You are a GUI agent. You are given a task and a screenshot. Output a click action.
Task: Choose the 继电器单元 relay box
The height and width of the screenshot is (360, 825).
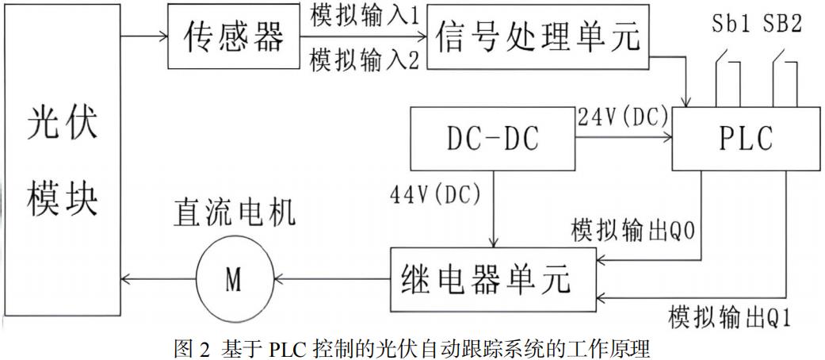(x=492, y=278)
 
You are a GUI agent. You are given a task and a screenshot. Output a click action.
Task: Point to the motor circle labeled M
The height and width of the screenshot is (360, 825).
(x=232, y=278)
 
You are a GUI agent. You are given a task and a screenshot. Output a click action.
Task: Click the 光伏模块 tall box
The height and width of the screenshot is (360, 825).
(x=62, y=159)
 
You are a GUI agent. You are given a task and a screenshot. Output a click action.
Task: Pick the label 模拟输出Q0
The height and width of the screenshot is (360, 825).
(x=634, y=232)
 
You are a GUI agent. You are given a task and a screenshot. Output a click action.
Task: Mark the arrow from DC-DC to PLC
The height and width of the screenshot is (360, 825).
(x=622, y=138)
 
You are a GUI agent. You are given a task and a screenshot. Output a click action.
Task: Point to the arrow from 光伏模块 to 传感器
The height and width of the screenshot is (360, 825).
(x=144, y=36)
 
